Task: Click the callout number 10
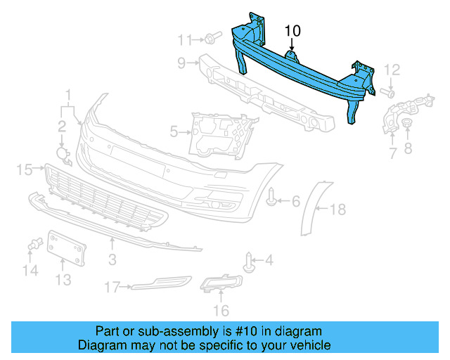292,31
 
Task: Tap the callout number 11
185,38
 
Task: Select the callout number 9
181,64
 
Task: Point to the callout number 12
392,70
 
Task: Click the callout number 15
25,169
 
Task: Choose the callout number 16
221,310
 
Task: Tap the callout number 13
63,281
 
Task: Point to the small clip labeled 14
32,245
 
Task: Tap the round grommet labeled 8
407,124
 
